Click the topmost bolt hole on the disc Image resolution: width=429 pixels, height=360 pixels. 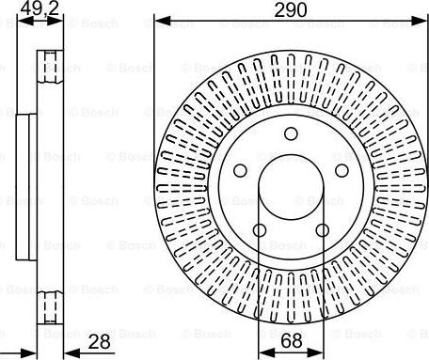click(291, 135)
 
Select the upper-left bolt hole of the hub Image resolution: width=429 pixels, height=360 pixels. click(240, 171)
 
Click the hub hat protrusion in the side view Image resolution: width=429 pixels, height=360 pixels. click(26, 188)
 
